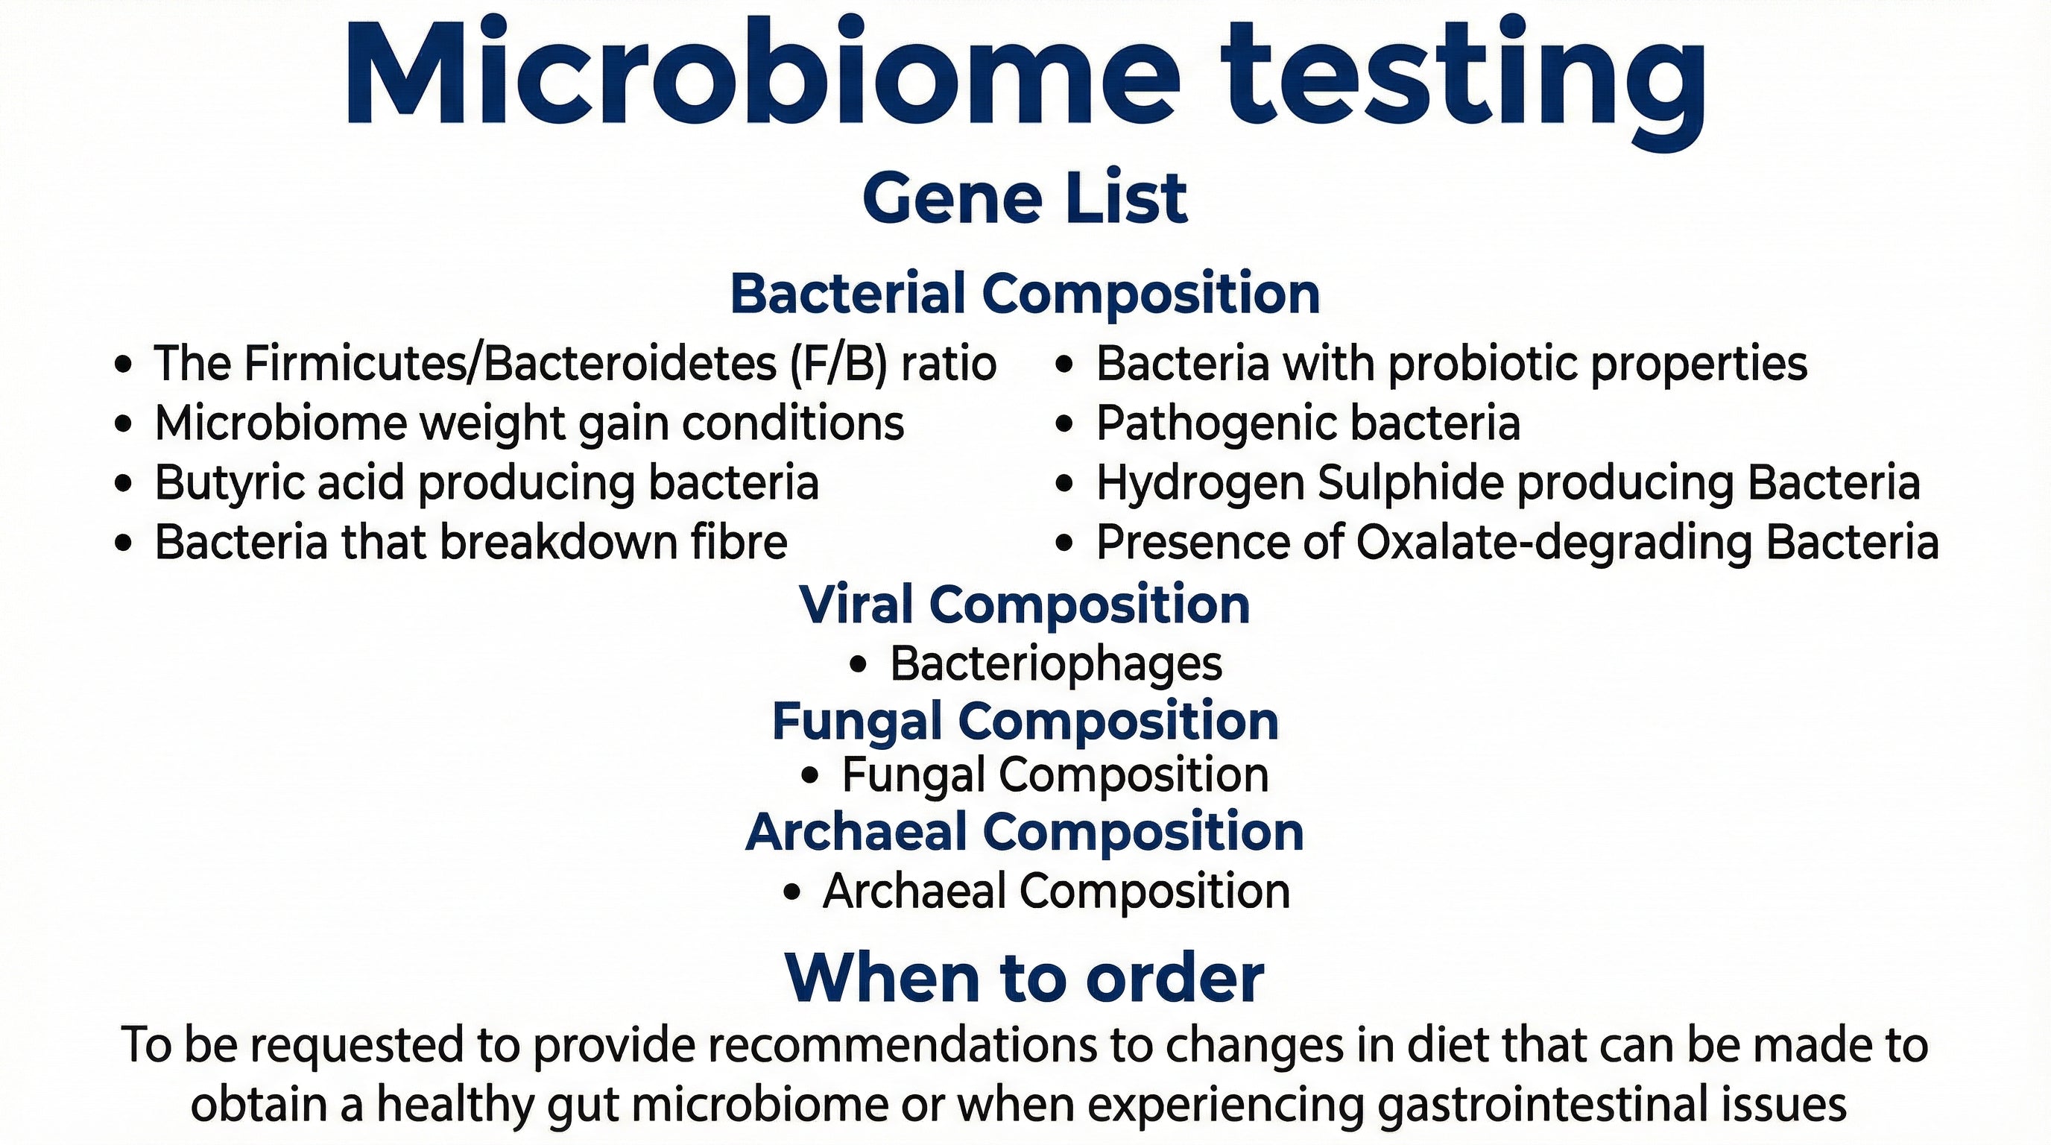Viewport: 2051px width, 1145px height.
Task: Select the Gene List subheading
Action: tap(1025, 198)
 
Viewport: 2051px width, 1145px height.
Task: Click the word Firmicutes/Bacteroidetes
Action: tap(510, 363)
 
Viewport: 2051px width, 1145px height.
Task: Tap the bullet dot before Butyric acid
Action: tap(123, 483)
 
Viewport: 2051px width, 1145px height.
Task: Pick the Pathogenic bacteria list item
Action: tap(1307, 423)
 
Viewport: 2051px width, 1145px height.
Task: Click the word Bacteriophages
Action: tap(1056, 663)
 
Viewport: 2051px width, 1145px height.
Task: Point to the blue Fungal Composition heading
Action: tap(1025, 721)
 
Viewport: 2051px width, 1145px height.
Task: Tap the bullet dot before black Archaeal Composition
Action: tap(791, 892)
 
